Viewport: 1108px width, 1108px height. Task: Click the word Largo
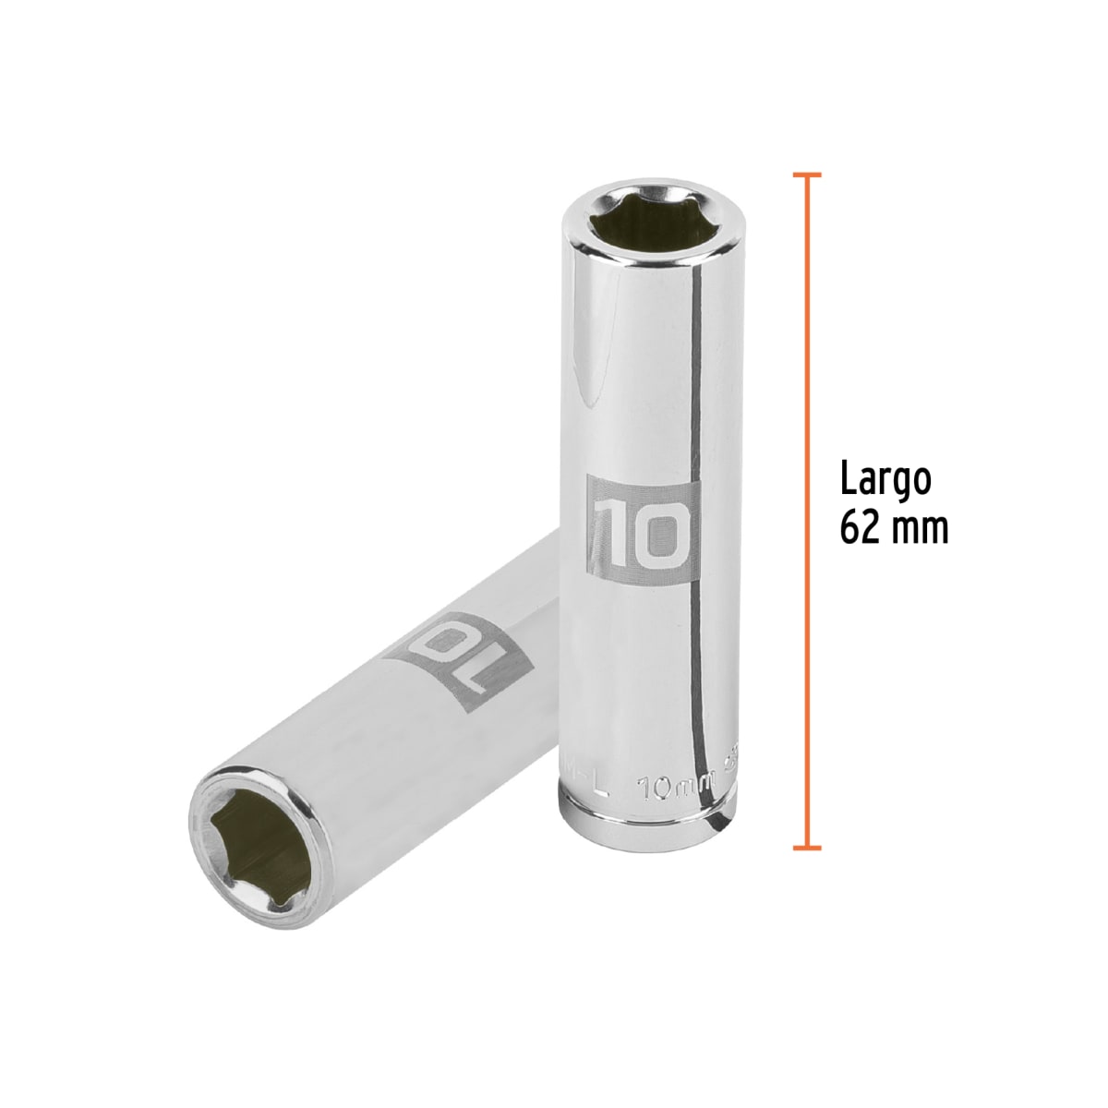tap(885, 483)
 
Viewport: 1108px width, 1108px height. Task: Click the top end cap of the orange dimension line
tap(807, 174)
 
